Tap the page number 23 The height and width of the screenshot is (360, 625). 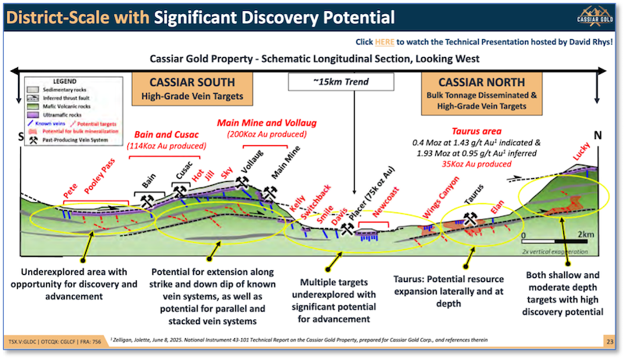click(608, 341)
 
